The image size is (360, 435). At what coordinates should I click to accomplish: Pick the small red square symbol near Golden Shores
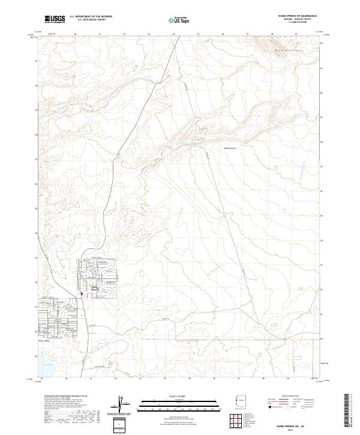[82, 293]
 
